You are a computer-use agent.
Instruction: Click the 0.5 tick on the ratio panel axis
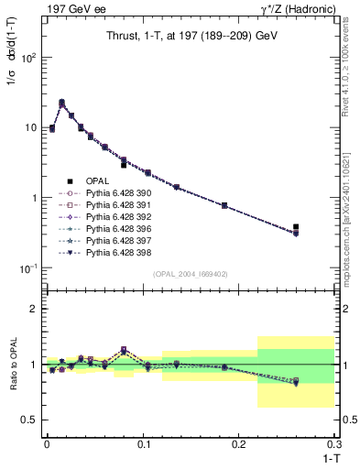click(x=31, y=420)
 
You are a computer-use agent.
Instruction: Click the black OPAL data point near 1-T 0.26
click(x=296, y=226)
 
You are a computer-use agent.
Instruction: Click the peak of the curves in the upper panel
click(x=61, y=103)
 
